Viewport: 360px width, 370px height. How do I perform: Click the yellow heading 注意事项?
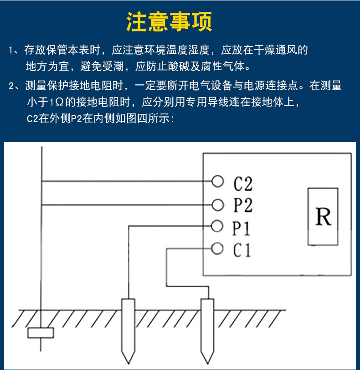point(169,22)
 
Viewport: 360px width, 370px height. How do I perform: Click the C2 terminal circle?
point(217,181)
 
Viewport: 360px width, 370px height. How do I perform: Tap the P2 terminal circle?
point(217,205)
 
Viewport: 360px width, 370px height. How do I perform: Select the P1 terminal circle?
point(217,226)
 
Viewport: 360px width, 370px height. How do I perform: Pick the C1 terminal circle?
point(217,248)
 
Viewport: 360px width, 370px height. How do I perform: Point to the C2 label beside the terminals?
point(243,184)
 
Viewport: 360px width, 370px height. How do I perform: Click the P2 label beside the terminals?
point(243,205)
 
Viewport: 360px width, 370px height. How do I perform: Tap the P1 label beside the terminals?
point(241,228)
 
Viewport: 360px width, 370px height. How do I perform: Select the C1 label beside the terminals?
point(242,250)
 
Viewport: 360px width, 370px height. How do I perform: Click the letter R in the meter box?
point(323,216)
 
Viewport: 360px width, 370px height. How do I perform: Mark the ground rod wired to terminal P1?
point(129,331)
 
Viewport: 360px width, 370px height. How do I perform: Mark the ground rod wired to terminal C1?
point(207,331)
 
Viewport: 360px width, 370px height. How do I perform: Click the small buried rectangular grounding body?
point(41,333)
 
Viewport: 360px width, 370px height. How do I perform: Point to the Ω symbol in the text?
point(60,103)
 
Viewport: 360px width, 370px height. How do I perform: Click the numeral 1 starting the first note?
point(10,50)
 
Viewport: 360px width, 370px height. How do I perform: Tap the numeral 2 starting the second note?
point(11,86)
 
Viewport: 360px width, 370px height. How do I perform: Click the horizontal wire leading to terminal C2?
point(126,181)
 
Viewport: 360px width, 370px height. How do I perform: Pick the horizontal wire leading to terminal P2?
point(126,205)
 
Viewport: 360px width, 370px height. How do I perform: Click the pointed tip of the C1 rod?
point(207,364)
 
